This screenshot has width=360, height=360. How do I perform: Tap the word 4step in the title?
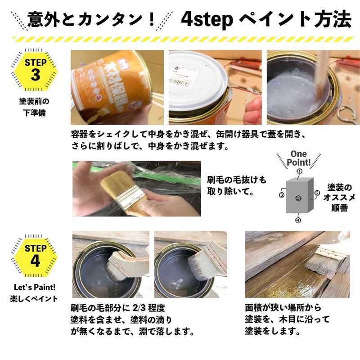[x=207, y=19]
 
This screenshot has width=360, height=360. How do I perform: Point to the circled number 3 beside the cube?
[x=282, y=195]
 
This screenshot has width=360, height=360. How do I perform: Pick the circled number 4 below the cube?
[x=298, y=220]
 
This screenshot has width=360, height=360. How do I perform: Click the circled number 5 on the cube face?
[x=298, y=198]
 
